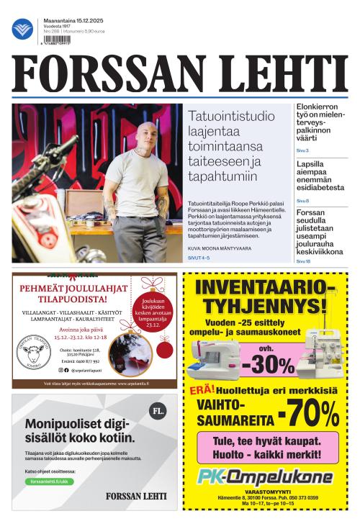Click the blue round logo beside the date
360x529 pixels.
22,30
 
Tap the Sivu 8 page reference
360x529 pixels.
302,201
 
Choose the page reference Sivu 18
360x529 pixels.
303,261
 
